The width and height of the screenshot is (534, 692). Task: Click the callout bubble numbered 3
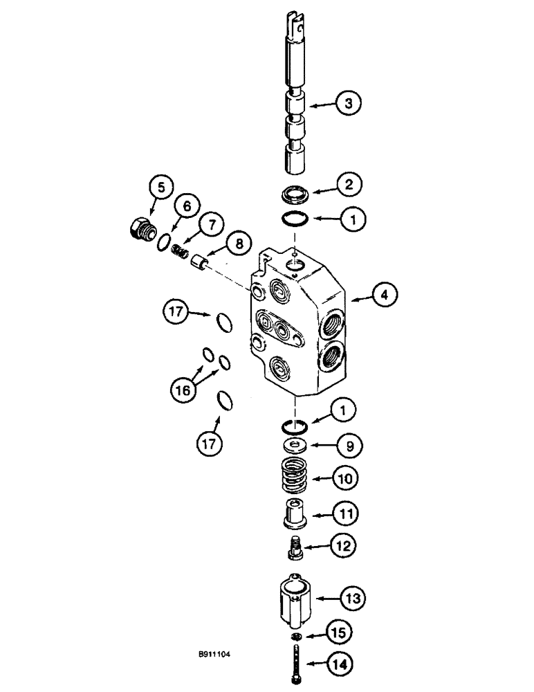pos(349,104)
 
